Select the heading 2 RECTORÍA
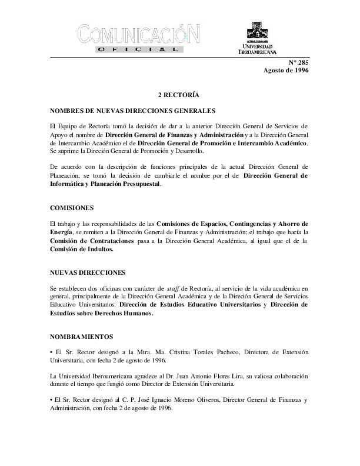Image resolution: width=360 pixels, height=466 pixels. click(179, 95)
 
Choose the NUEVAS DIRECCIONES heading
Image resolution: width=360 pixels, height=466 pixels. click(88, 272)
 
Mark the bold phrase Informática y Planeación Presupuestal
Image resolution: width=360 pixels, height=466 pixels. click(105, 184)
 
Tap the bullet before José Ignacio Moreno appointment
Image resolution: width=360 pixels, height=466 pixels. click(52, 401)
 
